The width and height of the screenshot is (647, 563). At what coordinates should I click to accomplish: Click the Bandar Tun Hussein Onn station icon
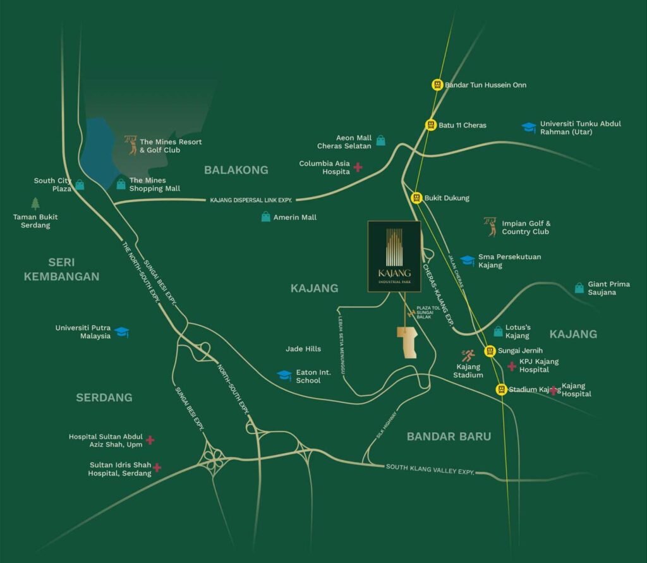(x=437, y=84)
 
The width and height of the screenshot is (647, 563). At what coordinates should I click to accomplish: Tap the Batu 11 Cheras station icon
(x=431, y=125)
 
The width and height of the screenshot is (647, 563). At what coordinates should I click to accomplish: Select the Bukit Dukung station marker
(x=416, y=198)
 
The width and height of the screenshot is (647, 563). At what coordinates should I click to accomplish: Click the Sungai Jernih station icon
(x=490, y=350)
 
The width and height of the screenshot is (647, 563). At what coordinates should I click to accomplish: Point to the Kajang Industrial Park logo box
(x=394, y=257)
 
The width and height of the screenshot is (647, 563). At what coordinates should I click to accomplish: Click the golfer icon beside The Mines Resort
(x=131, y=145)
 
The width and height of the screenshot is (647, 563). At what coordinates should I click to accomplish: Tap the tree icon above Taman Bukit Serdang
(x=35, y=203)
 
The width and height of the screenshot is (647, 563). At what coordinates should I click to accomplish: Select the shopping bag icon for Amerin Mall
(x=266, y=217)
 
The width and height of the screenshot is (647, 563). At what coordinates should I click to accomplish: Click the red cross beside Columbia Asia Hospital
(x=358, y=167)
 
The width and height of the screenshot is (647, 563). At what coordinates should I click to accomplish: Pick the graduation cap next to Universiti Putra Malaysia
(x=122, y=332)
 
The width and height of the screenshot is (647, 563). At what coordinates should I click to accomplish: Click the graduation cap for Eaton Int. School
(x=284, y=375)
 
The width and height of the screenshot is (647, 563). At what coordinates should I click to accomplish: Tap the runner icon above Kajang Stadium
(x=468, y=356)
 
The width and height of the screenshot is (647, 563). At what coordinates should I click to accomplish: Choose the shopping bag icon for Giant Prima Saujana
(x=579, y=288)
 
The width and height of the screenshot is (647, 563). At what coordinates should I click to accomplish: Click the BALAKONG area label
(x=236, y=170)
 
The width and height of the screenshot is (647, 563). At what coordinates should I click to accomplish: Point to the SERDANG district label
(x=104, y=397)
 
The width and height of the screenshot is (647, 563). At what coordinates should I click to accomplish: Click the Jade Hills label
(x=303, y=349)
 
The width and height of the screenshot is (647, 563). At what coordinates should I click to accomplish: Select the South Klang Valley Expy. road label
(x=430, y=468)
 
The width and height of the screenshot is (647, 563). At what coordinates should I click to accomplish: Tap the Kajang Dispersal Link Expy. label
(x=251, y=200)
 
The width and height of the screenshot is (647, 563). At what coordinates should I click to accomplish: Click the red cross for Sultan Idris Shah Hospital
(x=157, y=468)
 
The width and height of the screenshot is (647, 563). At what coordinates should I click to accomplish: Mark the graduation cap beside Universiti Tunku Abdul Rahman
(x=528, y=128)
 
